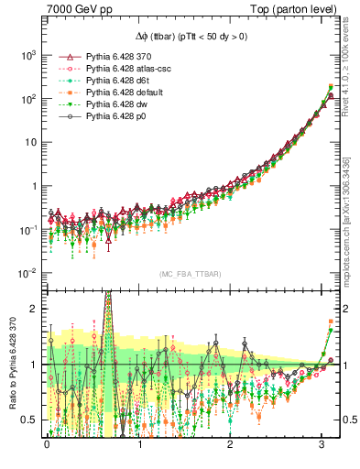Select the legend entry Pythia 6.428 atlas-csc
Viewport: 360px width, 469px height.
tap(129, 69)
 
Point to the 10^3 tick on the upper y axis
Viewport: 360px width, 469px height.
tap(28, 55)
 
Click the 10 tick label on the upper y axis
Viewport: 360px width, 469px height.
tap(29, 142)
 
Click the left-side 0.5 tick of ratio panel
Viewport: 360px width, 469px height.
tap(27, 420)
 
